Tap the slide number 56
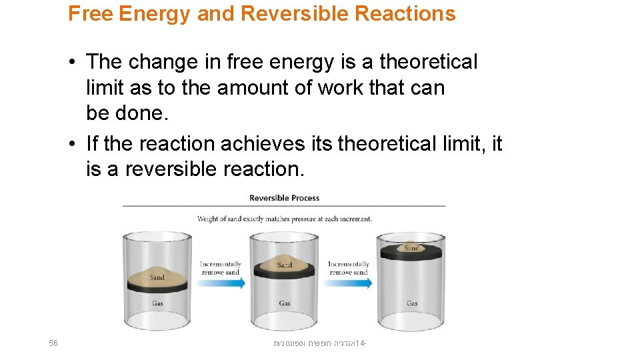point(54,343)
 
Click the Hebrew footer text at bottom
point(321,343)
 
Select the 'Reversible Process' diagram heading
point(284,198)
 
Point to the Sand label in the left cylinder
point(157,277)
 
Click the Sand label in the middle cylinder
point(285,265)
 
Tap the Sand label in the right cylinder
point(412,248)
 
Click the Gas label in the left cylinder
point(157,303)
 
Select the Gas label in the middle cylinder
point(285,303)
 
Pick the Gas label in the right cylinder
point(412,303)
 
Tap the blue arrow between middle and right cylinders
point(349,283)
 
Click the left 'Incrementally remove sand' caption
point(221,268)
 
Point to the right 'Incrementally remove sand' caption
point(348,268)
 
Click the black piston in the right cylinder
point(412,254)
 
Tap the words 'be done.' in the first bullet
point(125,113)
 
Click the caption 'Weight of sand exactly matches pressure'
point(284,219)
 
